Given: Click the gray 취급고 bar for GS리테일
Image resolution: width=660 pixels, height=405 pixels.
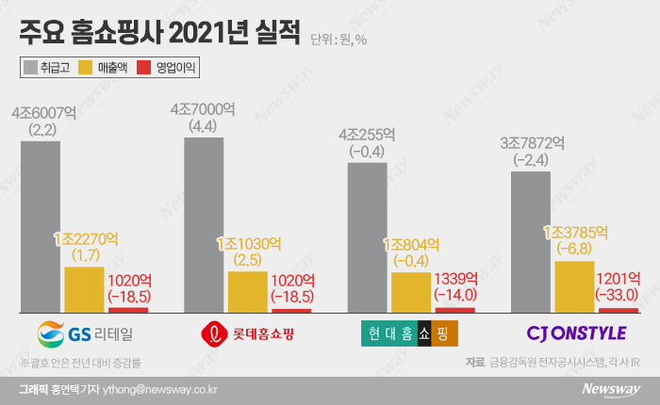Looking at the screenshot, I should (x=40, y=226).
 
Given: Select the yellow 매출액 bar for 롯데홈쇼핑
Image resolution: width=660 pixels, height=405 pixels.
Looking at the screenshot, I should (x=247, y=291).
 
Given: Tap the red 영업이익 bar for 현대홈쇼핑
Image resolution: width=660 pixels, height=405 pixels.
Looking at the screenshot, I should (x=455, y=309).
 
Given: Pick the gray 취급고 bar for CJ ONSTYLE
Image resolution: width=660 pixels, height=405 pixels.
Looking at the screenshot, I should (x=531, y=241).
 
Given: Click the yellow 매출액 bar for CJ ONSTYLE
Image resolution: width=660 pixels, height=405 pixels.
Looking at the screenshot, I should (x=574, y=286).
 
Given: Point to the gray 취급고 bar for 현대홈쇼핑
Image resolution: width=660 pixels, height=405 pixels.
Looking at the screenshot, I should (x=367, y=236).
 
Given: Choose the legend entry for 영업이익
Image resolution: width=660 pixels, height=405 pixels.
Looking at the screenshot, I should (x=169, y=68).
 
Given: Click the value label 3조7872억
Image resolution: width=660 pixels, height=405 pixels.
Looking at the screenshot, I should (x=532, y=143).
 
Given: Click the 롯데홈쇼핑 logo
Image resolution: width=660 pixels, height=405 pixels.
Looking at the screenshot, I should (x=250, y=333).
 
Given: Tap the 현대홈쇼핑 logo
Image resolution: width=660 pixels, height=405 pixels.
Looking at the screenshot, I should (x=409, y=333).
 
